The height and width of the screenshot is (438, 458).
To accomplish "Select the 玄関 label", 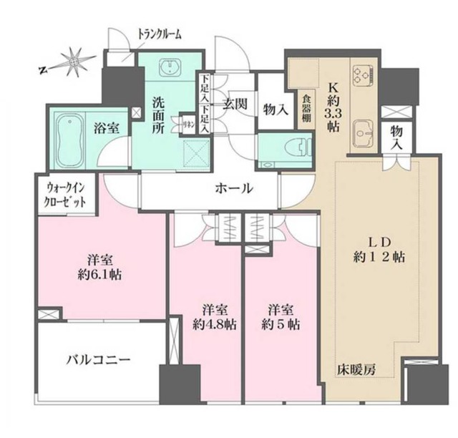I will pos(234,104).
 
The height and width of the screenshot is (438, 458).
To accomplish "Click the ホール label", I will pos(234,189).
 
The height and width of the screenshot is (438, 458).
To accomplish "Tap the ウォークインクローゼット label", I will pos(67,195).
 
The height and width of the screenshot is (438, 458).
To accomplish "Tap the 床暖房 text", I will pos(356,370).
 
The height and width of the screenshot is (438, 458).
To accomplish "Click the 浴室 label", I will pos(108,128).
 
